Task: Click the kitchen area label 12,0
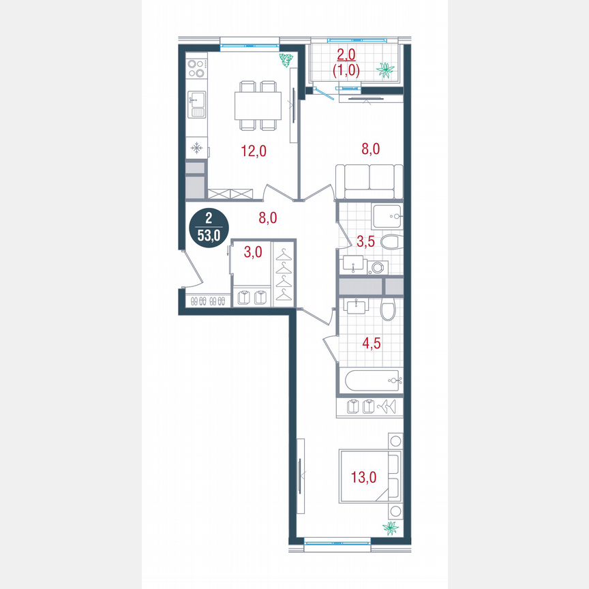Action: pyautogui.click(x=253, y=151)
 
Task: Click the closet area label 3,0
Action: pyautogui.click(x=252, y=252)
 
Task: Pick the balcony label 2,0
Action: pyautogui.click(x=346, y=56)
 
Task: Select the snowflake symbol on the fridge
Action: pyautogui.click(x=196, y=148)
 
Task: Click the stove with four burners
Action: pyautogui.click(x=196, y=68)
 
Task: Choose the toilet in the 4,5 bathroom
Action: pyautogui.click(x=388, y=312)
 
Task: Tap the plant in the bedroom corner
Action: pyautogui.click(x=391, y=528)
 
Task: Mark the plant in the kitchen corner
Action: pyautogui.click(x=286, y=59)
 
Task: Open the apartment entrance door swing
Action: pyautogui.click(x=191, y=269)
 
